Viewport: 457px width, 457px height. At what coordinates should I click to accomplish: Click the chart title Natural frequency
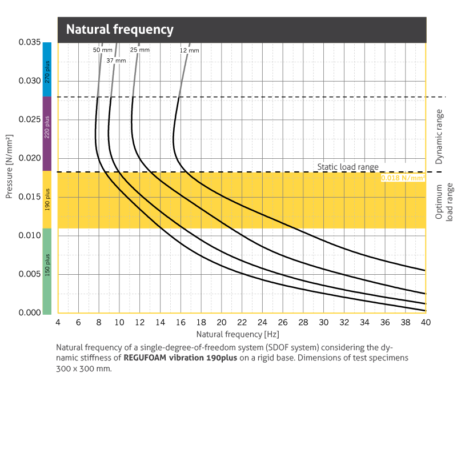119,29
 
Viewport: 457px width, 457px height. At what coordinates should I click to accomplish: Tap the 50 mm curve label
103,50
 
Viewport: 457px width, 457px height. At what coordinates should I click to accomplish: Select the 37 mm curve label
116,61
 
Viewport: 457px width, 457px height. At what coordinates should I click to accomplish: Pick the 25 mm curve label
140,50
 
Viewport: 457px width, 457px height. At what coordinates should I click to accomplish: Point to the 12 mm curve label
190,51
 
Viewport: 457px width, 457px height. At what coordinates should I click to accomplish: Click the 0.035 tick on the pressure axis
29,43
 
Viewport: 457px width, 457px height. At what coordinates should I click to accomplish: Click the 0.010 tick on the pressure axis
29,235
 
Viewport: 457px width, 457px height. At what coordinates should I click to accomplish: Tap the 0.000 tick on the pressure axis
29,313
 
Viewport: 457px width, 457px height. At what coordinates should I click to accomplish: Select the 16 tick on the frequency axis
181,322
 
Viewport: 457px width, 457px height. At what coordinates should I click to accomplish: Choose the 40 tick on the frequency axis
426,322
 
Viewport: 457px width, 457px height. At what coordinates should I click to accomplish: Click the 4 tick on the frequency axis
58,322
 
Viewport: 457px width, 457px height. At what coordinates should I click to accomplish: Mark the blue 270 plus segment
47,69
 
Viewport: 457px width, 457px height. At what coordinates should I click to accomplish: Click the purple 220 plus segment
47,133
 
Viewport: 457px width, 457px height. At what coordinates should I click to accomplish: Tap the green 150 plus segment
47,271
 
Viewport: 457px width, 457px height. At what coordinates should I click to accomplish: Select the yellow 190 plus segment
47,199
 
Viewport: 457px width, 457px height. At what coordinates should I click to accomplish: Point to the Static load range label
348,167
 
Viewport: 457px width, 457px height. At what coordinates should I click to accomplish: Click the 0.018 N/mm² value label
403,178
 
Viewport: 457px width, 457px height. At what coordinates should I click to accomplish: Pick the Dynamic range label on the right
439,137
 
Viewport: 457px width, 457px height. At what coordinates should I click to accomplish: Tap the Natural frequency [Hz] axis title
237,334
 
